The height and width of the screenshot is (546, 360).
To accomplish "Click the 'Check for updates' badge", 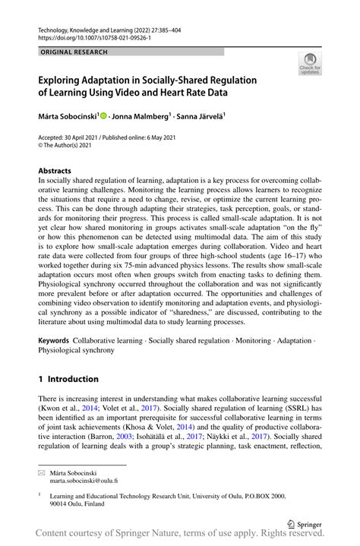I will (310, 64).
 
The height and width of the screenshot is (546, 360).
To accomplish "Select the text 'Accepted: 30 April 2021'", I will (69, 138).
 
